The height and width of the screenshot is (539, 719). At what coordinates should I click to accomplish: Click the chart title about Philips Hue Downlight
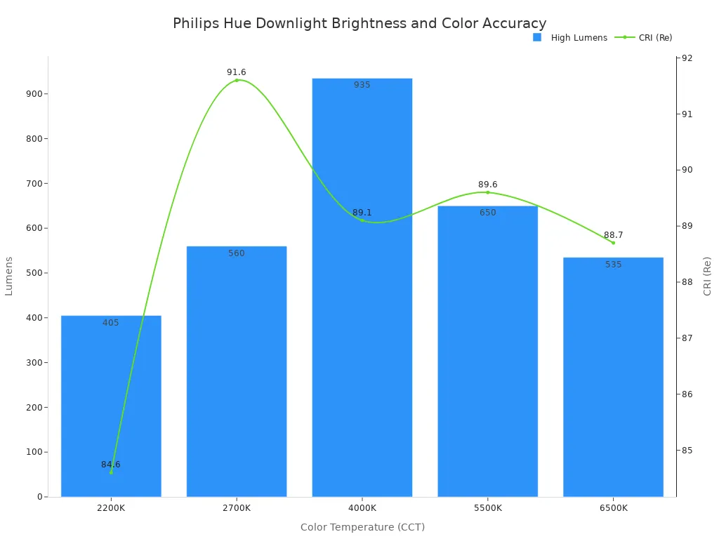[x=359, y=23]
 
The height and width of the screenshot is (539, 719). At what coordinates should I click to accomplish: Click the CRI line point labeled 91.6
[x=237, y=80]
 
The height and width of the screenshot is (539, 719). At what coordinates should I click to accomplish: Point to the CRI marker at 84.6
[x=111, y=472]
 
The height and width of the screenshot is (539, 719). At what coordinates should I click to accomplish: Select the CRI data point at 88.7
[x=613, y=243]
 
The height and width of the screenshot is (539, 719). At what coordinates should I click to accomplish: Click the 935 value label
[x=362, y=85]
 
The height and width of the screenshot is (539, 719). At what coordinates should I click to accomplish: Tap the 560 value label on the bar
[x=237, y=253]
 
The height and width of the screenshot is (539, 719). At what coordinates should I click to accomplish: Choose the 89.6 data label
[x=487, y=185]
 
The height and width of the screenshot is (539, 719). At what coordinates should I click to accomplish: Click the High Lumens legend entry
[x=570, y=38]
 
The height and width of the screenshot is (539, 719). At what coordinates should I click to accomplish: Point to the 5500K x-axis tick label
[x=487, y=507]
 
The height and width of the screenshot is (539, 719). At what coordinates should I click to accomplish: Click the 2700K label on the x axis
[x=237, y=507]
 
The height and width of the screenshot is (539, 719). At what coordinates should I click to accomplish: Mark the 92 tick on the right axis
[x=686, y=58]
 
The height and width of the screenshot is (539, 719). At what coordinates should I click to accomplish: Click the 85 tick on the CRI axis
[x=686, y=451]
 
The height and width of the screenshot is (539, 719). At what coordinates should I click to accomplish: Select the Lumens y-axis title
[x=9, y=276]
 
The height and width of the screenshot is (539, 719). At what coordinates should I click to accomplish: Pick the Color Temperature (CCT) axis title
[x=362, y=527]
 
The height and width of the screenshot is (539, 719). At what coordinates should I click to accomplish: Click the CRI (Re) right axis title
[x=707, y=276]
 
